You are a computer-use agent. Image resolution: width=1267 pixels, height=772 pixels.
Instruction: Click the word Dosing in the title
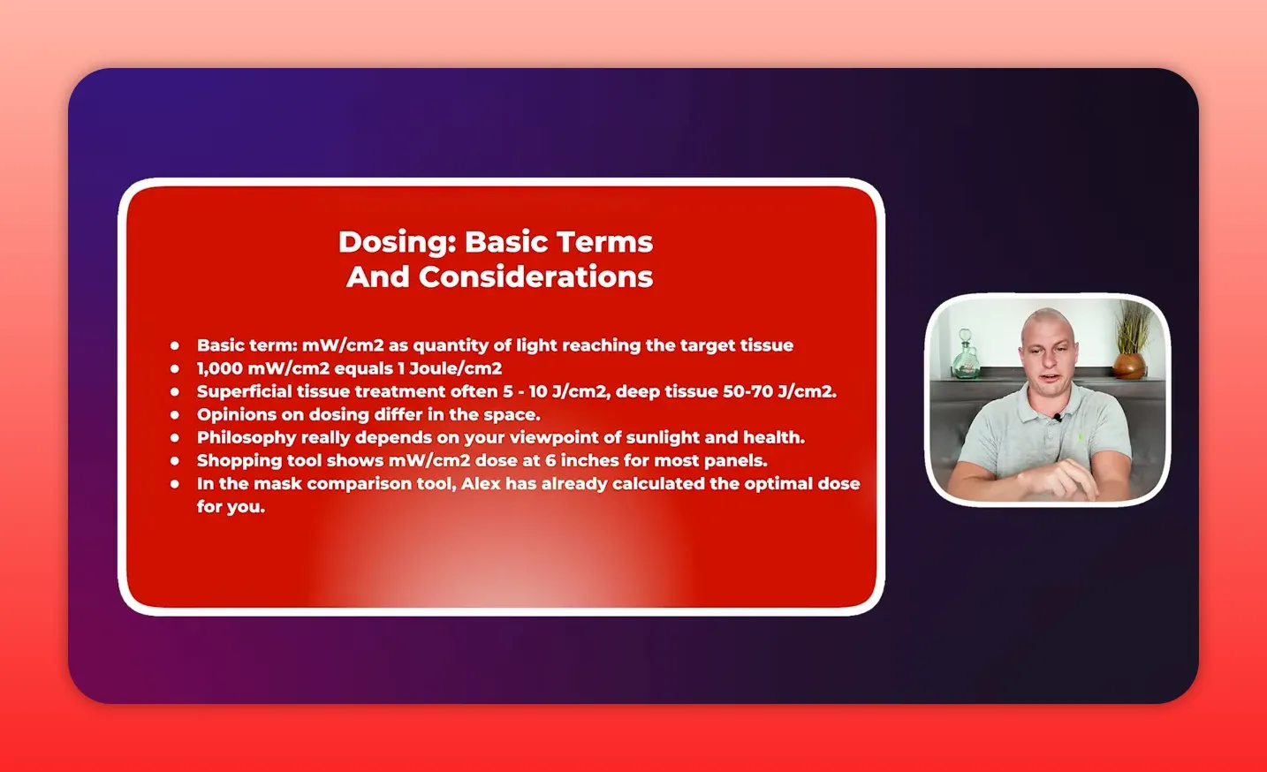(396, 242)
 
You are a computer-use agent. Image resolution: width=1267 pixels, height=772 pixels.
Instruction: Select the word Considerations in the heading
(535, 277)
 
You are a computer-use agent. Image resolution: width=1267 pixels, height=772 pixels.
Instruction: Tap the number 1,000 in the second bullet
(219, 368)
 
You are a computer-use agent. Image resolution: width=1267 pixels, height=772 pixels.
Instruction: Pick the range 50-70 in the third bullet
(747, 391)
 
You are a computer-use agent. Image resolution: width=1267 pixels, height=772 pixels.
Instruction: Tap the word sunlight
(663, 437)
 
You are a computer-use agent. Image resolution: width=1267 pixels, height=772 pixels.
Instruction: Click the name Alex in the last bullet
(481, 483)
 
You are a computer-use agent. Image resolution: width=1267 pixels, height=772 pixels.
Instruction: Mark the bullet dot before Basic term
(175, 345)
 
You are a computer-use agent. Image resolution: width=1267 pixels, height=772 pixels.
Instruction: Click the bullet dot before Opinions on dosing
(175, 414)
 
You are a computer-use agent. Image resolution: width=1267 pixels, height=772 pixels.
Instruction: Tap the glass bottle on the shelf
(965, 355)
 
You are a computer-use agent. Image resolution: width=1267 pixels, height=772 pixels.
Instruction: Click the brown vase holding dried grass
(1129, 364)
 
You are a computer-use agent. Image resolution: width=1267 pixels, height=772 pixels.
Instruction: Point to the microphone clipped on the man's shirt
(1057, 418)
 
